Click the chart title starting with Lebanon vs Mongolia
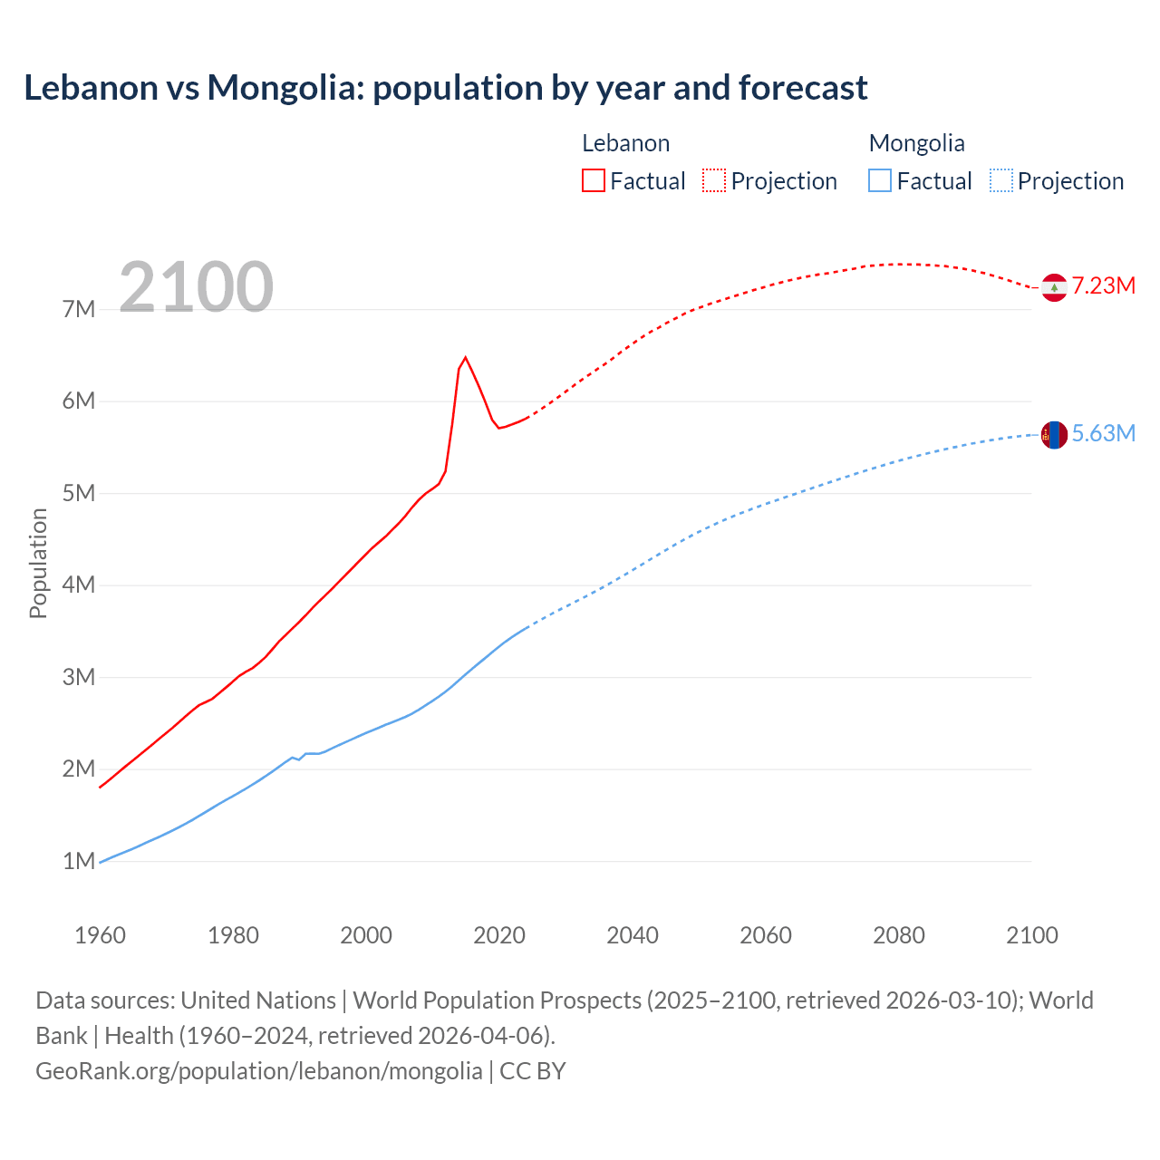click(x=445, y=88)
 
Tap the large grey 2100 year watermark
click(x=196, y=287)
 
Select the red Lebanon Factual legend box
click(x=593, y=180)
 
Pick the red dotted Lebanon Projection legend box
click(x=714, y=180)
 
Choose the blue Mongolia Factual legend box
click(x=880, y=180)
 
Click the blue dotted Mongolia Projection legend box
click(x=1001, y=180)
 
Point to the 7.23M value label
click(x=1103, y=286)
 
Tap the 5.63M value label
click(x=1103, y=434)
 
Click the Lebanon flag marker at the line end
click(x=1054, y=287)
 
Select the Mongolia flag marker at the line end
click(x=1054, y=435)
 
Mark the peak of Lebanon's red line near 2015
click(x=465, y=357)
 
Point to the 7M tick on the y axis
click(x=79, y=309)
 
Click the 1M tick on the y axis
click(x=79, y=861)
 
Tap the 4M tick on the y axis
click(x=79, y=585)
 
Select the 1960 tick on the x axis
click(x=100, y=935)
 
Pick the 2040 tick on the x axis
click(x=633, y=935)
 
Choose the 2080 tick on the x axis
click(x=899, y=935)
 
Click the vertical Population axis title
click(x=38, y=563)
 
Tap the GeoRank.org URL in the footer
click(x=258, y=1071)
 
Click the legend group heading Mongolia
click(x=916, y=143)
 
